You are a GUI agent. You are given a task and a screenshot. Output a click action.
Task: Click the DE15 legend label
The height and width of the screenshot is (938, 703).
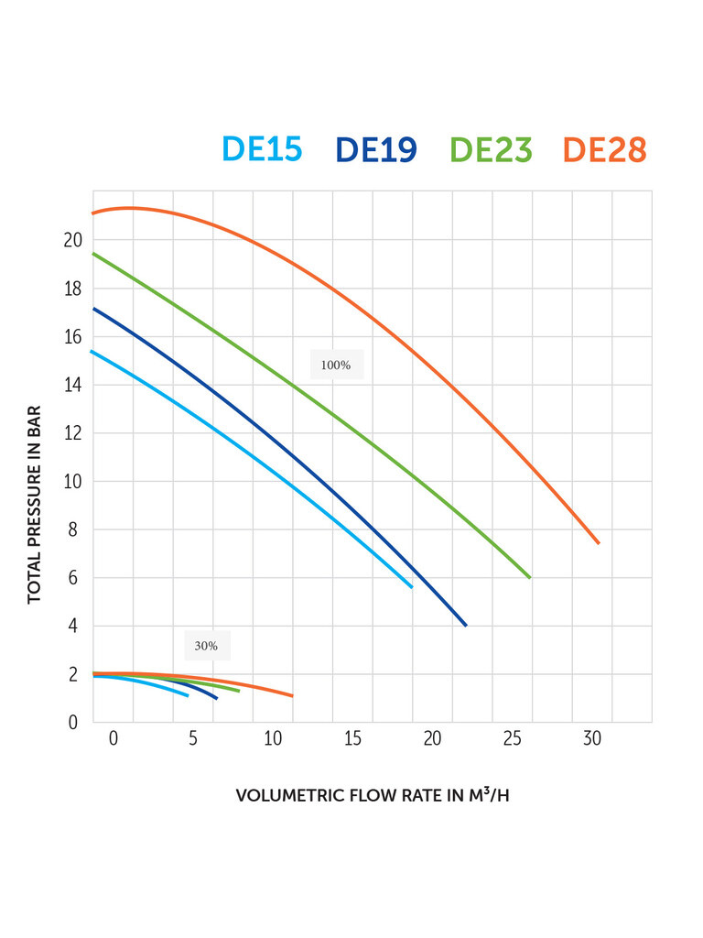262,149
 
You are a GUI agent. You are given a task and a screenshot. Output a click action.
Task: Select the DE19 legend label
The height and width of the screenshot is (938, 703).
376,149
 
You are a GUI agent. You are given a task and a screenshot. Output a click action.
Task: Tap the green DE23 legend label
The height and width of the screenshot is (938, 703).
491,149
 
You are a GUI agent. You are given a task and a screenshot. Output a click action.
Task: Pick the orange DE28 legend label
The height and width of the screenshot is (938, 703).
605,149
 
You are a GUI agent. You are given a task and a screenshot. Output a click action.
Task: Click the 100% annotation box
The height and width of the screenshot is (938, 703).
336,365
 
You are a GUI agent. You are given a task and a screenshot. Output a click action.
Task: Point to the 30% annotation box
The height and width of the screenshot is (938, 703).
206,646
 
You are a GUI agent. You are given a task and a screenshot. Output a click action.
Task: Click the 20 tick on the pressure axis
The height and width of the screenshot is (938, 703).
72,241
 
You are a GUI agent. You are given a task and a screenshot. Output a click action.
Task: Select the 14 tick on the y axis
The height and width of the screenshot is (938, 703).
72,386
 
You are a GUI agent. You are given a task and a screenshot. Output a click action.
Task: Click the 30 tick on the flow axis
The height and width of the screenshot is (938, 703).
592,739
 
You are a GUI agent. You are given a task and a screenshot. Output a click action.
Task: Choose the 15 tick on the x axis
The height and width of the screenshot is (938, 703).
353,739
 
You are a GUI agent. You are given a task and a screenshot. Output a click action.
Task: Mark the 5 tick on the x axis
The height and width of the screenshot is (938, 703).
193,739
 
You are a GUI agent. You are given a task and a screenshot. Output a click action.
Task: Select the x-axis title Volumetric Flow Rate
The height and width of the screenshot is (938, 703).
373,795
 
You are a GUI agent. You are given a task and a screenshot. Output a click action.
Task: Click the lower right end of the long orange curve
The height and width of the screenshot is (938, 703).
599,543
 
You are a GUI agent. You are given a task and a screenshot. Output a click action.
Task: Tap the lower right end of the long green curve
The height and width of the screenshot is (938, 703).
530,577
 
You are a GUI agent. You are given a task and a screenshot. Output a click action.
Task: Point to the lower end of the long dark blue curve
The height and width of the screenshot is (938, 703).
466,626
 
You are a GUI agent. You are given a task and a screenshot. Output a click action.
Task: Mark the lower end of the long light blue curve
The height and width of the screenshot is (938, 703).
412,587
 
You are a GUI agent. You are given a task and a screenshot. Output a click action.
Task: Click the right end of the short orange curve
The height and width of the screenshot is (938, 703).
292,696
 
